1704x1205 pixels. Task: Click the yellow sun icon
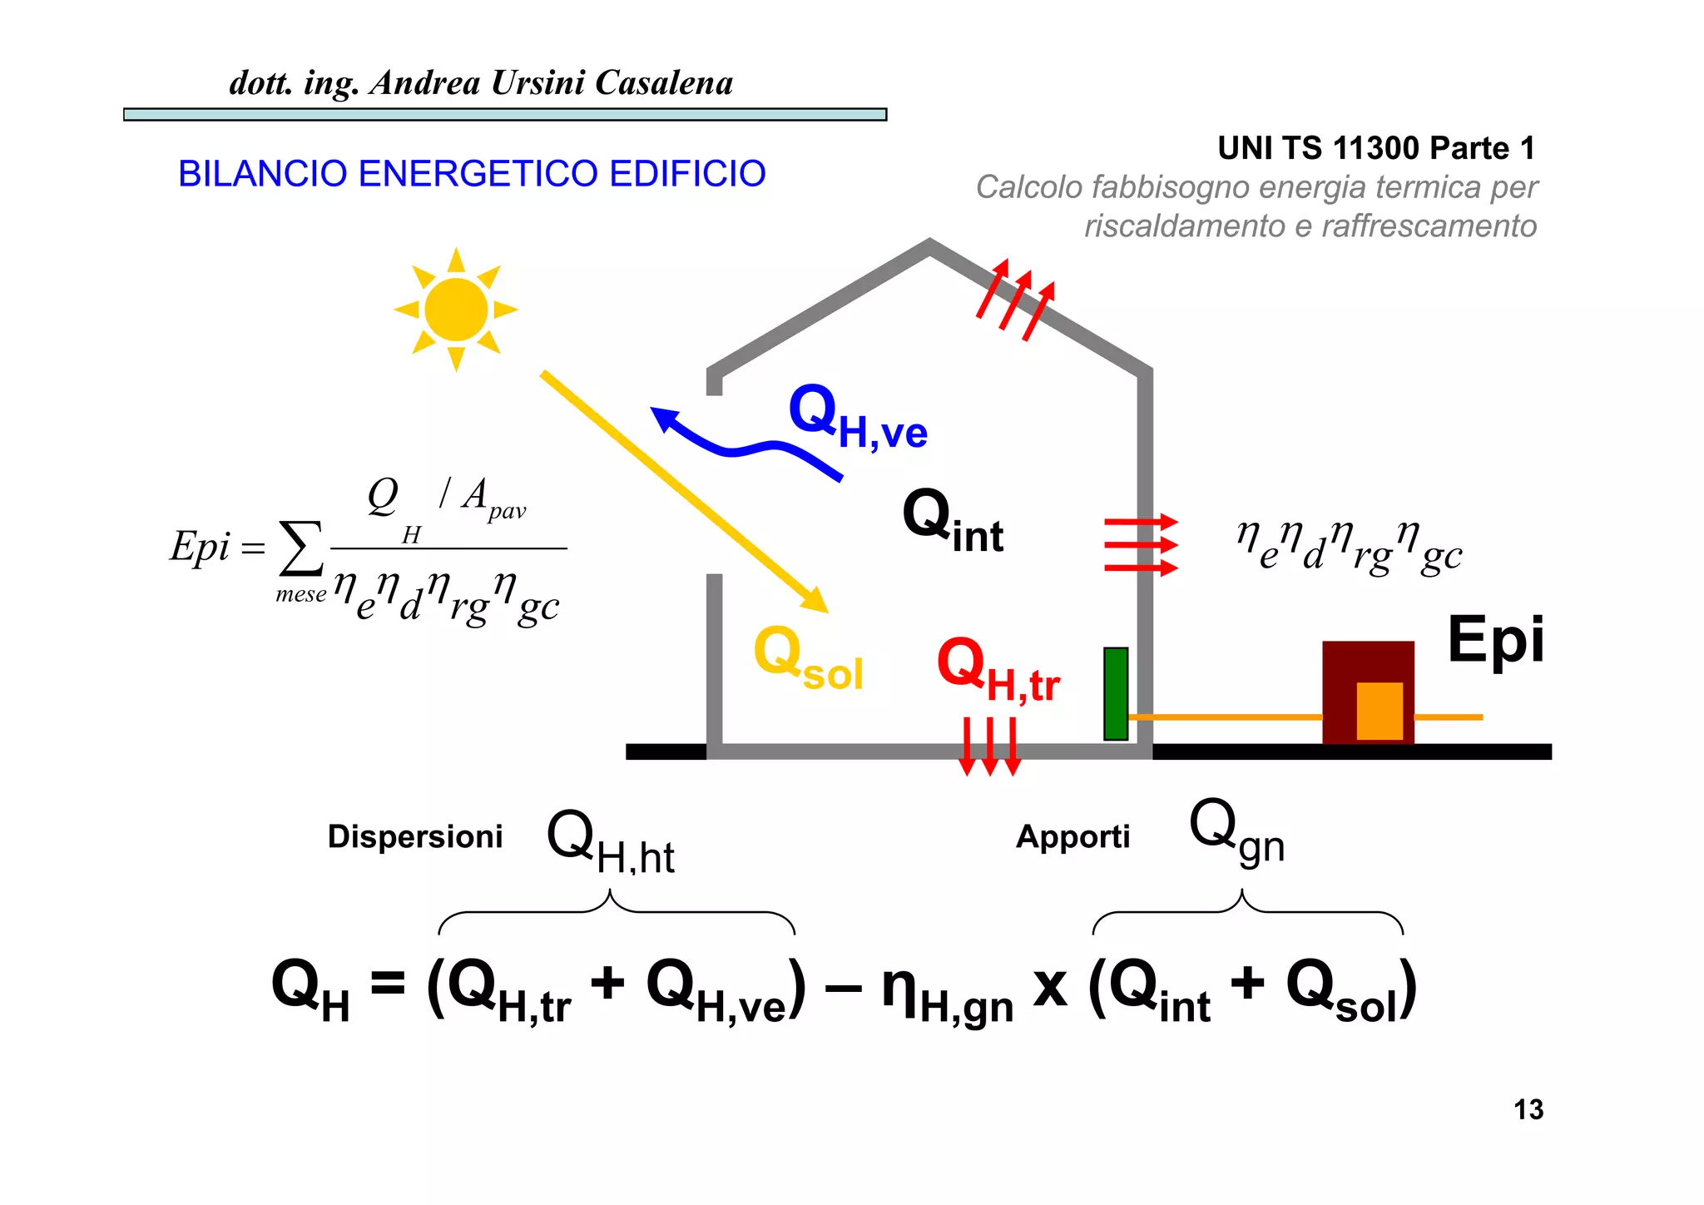456,310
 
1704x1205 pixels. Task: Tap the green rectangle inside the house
1116,693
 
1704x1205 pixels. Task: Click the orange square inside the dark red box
1380,710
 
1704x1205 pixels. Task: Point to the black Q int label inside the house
953,520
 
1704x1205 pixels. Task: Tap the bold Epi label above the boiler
1495,639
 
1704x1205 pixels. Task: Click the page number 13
1528,1110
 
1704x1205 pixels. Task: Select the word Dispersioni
415,836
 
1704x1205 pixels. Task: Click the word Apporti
1072,836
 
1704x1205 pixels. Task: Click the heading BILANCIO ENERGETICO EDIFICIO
472,174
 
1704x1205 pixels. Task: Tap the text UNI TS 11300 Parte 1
1376,148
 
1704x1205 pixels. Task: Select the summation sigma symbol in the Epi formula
301,548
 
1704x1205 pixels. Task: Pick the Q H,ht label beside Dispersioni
610,842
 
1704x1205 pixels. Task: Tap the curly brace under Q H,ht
616,912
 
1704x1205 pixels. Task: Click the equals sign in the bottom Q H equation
388,983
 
